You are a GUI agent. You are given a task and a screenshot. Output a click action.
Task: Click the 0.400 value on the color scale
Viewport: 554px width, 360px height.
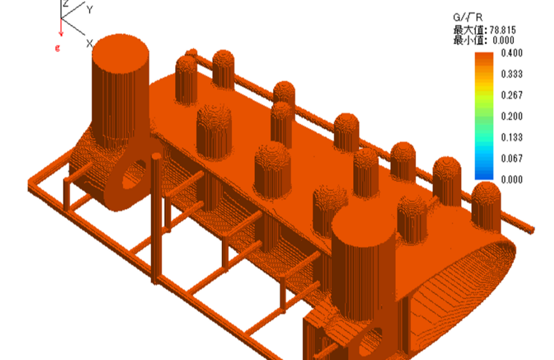tap(512, 52)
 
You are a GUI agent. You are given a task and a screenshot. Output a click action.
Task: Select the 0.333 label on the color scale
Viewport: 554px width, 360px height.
tap(512, 74)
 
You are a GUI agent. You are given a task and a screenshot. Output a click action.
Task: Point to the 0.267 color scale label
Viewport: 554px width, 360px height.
tap(512, 95)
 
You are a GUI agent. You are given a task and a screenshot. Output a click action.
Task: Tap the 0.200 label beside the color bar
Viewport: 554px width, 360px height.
tap(512, 116)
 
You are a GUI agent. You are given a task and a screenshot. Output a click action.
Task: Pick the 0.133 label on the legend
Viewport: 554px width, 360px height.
tap(512, 137)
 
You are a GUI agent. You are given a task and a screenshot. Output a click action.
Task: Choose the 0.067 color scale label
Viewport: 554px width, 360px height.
tap(512, 159)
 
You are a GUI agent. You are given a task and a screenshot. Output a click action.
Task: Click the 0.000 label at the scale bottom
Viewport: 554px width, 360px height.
tap(512, 180)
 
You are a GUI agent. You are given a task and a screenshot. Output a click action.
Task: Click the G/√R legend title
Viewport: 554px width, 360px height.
tap(468, 19)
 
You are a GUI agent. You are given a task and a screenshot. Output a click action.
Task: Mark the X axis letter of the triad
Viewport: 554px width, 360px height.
tap(90, 43)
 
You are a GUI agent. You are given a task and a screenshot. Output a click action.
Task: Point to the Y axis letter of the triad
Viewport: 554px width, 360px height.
tap(90, 10)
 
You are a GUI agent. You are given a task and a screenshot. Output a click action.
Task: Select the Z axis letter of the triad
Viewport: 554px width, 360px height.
tap(65, 4)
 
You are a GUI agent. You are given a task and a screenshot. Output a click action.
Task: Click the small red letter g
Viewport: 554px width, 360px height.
tap(58, 47)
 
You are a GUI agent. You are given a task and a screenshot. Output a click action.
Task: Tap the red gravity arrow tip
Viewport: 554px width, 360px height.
tap(61, 35)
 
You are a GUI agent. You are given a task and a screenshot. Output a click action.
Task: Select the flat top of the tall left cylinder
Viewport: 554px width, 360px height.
tap(121, 51)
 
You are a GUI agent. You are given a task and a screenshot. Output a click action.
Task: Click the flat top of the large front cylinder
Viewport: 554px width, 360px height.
tap(364, 224)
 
